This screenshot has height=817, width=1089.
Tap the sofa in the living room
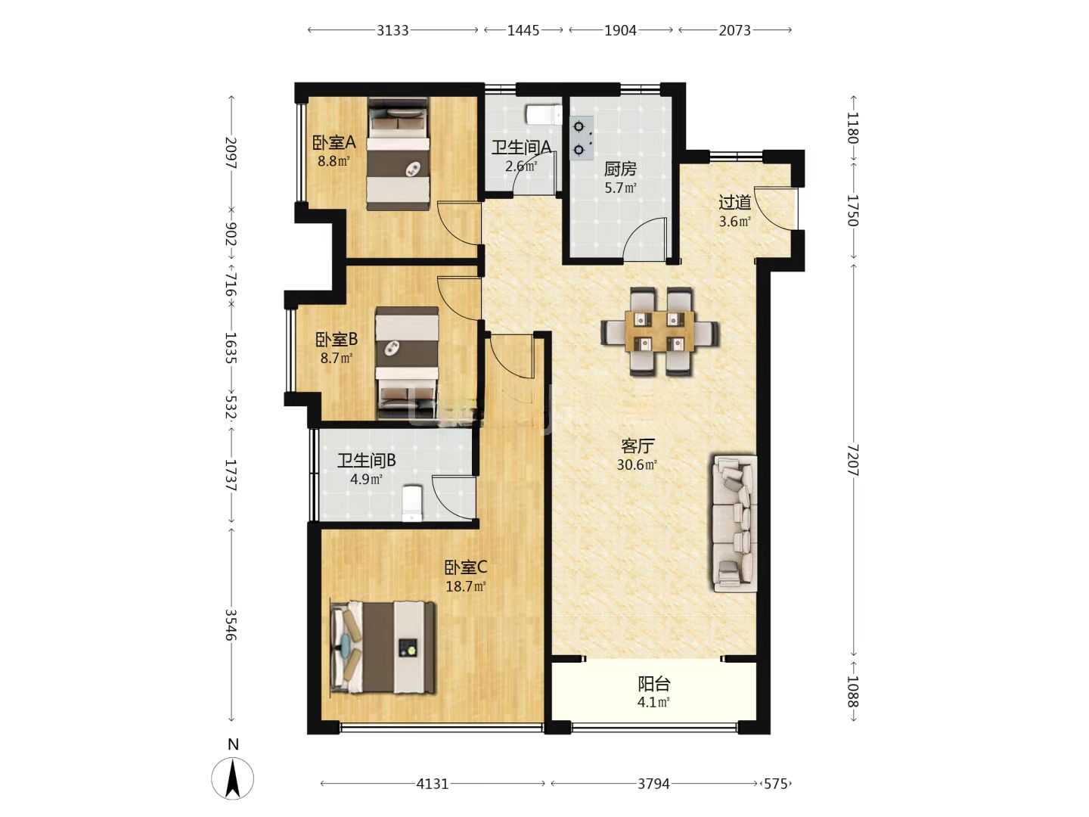tap(735, 523)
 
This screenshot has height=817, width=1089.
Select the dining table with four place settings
tap(659, 331)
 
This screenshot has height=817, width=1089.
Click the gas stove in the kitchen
tap(582, 138)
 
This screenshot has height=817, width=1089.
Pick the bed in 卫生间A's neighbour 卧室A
tap(398, 154)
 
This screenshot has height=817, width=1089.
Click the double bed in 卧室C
tap(383, 647)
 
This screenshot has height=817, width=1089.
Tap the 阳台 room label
tap(654, 684)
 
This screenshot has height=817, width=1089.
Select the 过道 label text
tap(735, 203)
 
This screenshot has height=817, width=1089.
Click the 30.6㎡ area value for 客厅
tap(637, 464)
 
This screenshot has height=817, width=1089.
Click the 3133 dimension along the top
tap(392, 31)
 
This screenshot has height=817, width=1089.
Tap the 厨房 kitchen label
tap(620, 169)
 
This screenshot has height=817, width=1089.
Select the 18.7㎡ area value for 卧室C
tap(465, 587)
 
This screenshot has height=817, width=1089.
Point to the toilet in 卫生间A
tap(544, 114)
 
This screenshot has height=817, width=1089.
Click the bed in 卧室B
tap(407, 364)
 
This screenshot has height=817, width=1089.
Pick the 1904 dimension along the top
tap(620, 31)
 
